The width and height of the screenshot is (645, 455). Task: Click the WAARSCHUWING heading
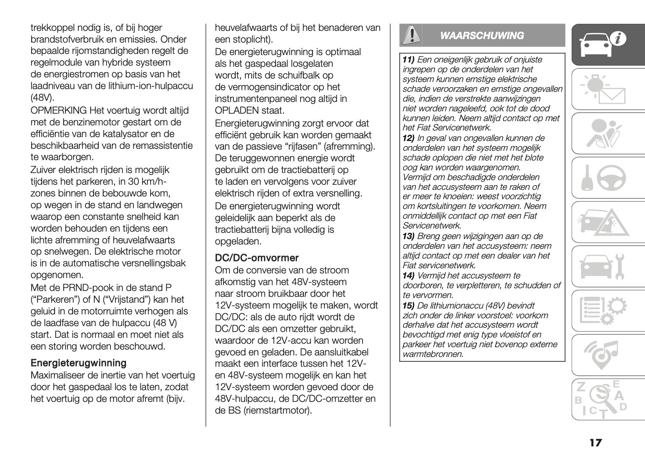tap(482, 36)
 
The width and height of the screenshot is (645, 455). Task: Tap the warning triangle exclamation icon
tap(410, 36)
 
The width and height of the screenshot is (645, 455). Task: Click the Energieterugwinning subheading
tap(78, 363)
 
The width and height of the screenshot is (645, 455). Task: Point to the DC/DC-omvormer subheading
tap(257, 258)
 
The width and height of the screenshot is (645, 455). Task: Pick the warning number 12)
tap(408, 138)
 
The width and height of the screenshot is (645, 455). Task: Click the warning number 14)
tap(408, 276)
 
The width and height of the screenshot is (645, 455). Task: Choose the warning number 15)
tap(408, 305)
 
